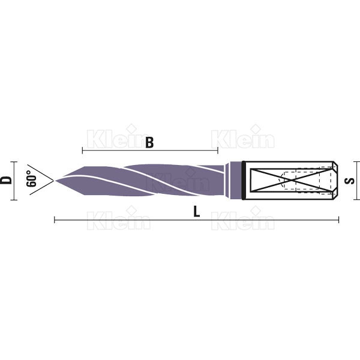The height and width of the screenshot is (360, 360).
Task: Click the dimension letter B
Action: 149,142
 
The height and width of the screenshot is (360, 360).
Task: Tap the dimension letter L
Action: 197,211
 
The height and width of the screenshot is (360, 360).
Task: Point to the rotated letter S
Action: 350,181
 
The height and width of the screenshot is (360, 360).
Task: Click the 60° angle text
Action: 31,179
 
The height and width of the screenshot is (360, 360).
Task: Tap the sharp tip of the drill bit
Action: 56,181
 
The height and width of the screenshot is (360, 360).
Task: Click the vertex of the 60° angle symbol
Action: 53,181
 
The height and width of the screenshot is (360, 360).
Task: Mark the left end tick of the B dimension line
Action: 82,151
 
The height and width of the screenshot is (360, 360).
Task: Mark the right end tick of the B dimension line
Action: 218,151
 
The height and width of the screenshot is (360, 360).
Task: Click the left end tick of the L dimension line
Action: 55,220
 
